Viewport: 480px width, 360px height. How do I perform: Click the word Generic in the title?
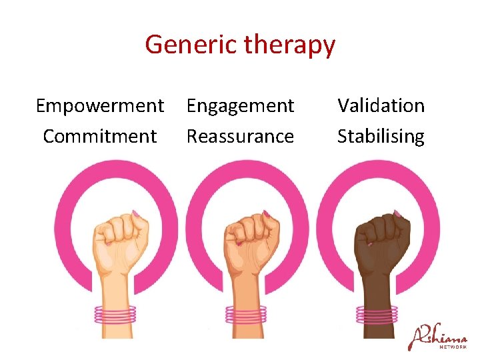point(191,45)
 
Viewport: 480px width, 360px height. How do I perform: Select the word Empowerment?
point(100,105)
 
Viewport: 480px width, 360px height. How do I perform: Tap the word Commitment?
point(100,136)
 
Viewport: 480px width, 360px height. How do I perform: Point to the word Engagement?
point(240,105)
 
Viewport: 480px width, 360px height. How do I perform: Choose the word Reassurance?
point(240,136)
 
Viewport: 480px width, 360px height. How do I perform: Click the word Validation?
point(381,105)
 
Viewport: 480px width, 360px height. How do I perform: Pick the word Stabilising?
point(381,136)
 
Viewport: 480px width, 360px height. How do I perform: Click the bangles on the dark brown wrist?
point(377,314)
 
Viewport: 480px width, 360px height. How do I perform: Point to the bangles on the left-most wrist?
point(115,314)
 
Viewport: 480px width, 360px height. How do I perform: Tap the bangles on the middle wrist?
point(245,314)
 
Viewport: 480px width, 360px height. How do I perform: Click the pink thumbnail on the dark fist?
point(398,214)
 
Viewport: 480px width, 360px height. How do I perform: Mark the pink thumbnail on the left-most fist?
point(136,214)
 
